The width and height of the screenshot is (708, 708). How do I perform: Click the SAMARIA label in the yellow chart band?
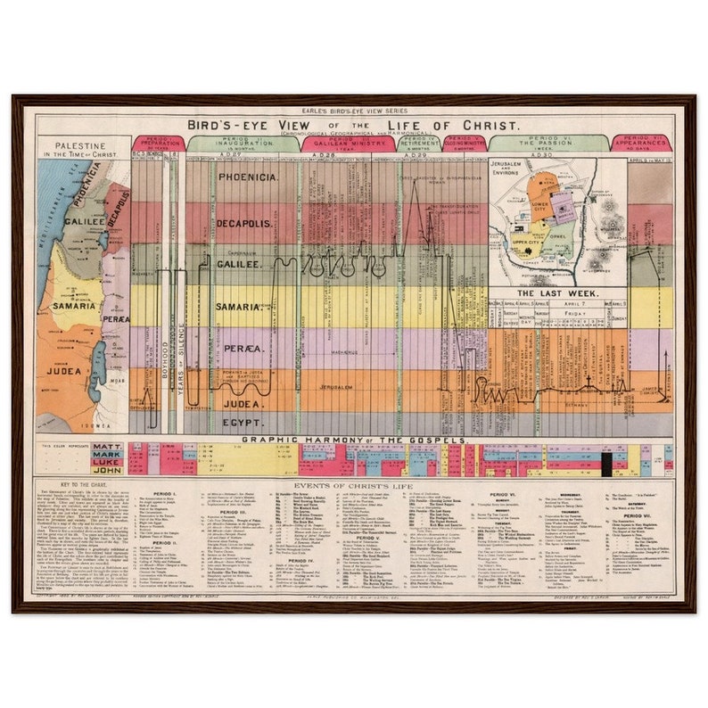pyautogui.click(x=243, y=306)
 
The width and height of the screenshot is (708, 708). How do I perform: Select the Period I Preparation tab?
pyautogui.click(x=158, y=143)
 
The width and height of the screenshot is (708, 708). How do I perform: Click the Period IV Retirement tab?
pyautogui.click(x=417, y=143)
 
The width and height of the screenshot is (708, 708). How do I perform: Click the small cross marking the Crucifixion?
pyautogui.click(x=588, y=381)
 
